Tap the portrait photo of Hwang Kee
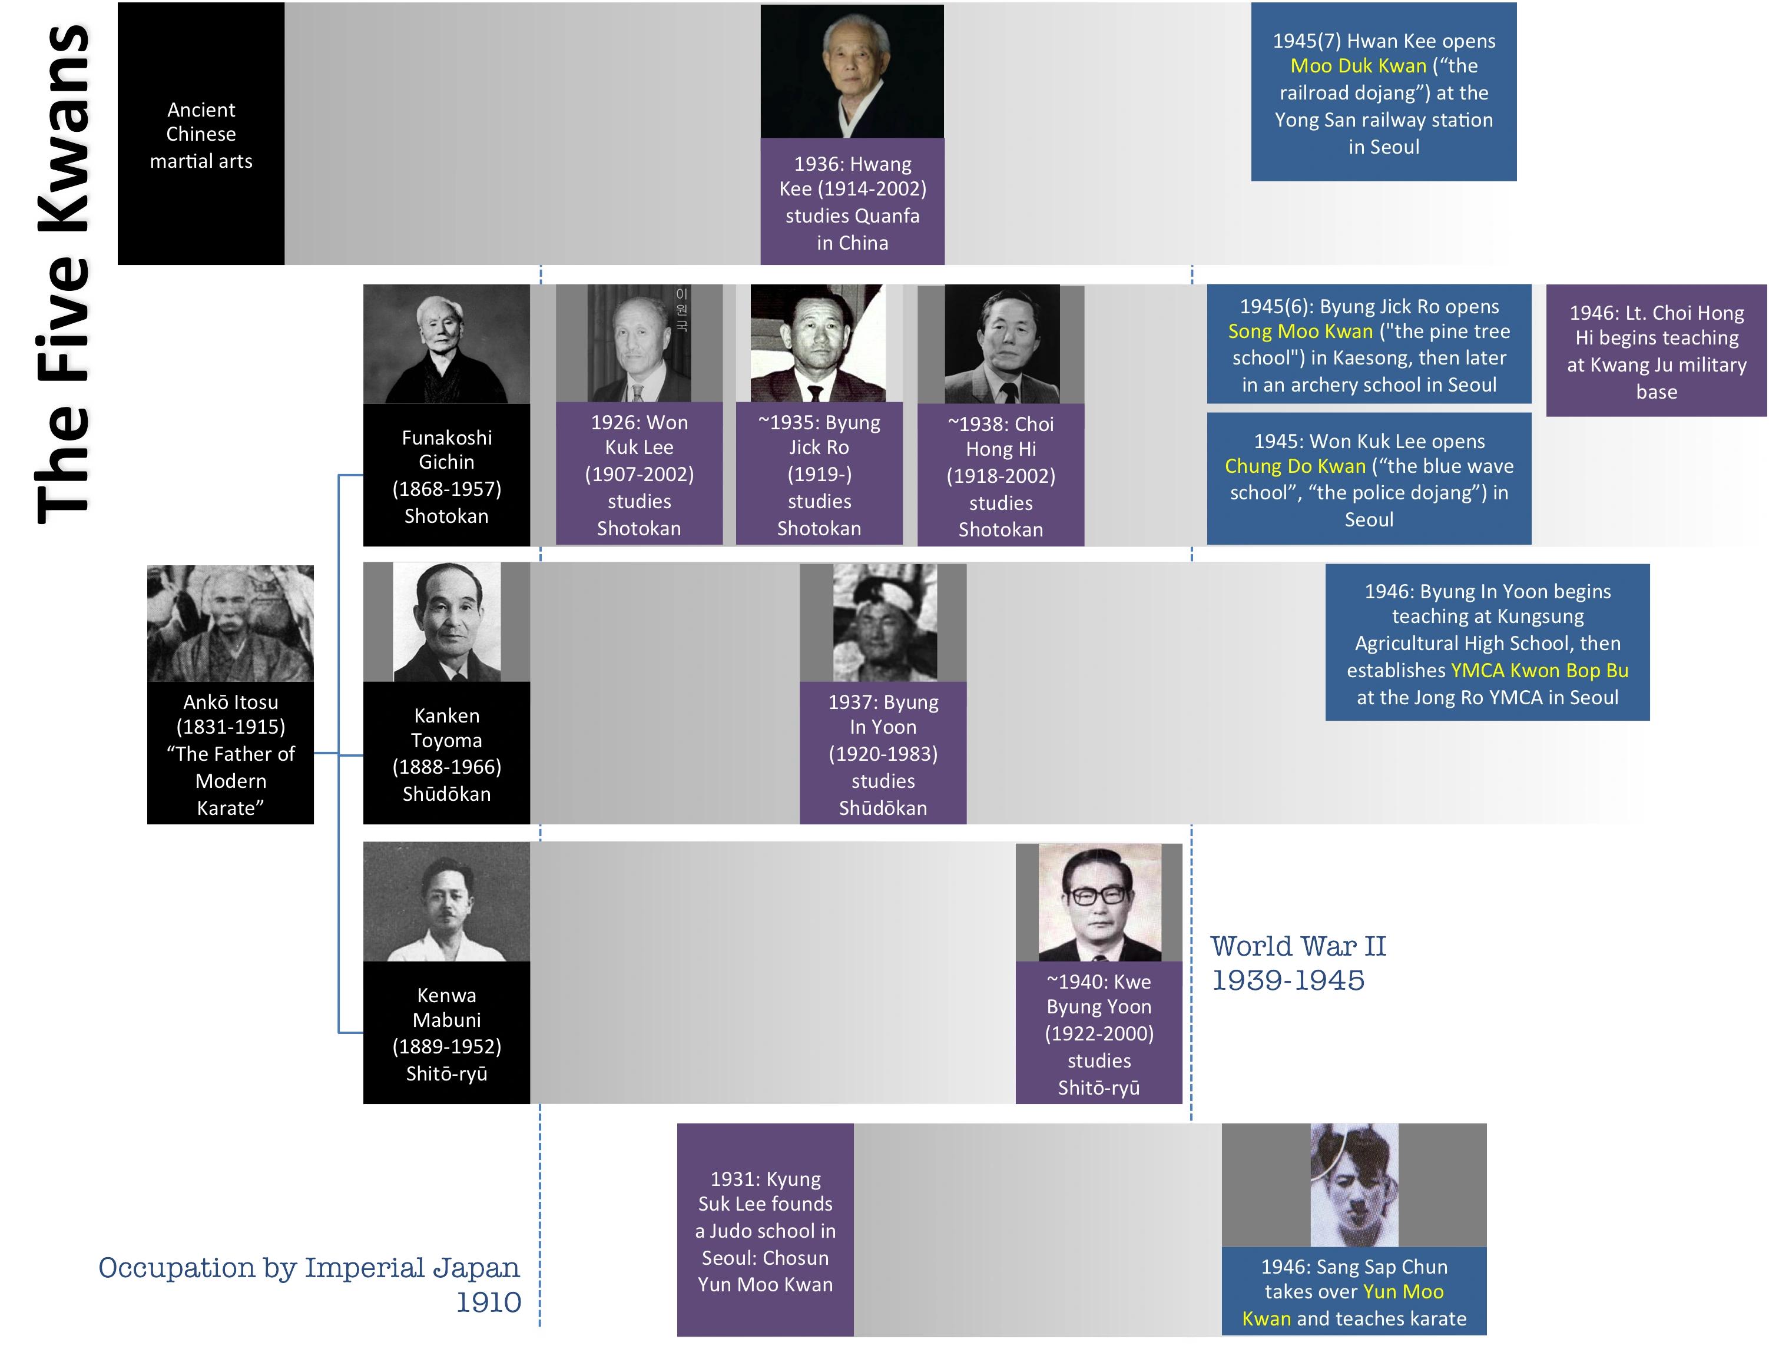point(852,72)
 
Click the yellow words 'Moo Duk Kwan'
point(1358,66)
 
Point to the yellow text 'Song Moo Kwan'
point(1300,332)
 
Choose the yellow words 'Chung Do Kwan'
point(1294,466)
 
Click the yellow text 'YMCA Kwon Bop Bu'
point(1539,671)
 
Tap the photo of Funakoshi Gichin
point(446,344)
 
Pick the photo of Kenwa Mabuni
point(446,901)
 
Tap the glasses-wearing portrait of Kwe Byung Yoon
point(1098,901)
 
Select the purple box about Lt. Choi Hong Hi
point(1656,351)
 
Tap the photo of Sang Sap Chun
point(1354,1184)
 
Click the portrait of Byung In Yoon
point(883,622)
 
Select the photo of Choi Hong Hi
point(1001,344)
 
